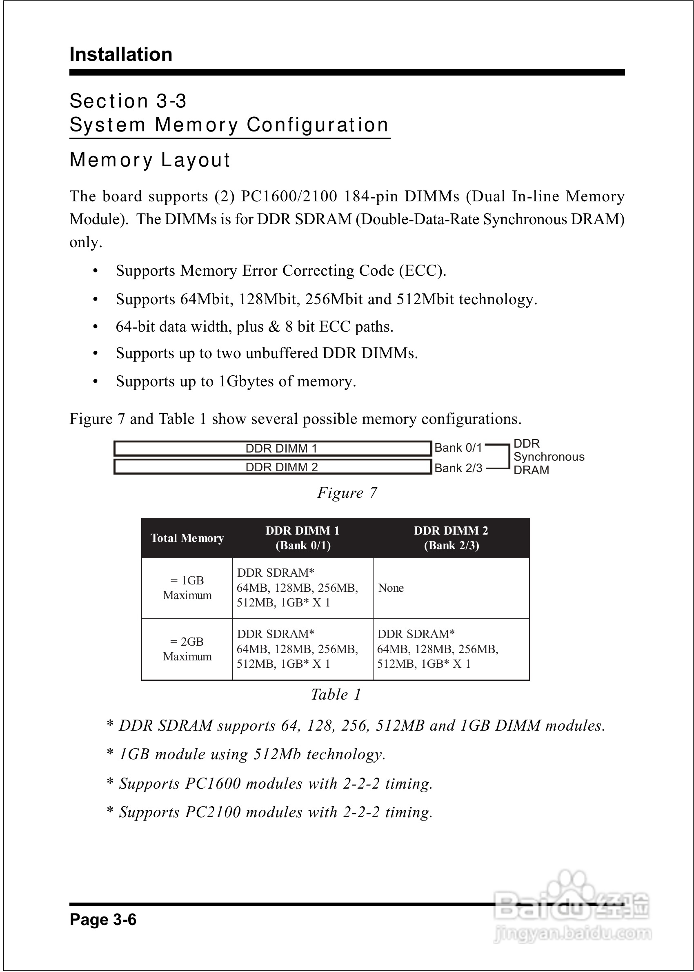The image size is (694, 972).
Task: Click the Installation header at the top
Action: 121,55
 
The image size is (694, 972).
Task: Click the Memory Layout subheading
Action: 149,160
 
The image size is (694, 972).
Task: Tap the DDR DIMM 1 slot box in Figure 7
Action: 273,448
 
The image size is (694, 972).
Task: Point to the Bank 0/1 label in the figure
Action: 458,448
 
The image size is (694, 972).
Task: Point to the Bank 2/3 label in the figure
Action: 458,468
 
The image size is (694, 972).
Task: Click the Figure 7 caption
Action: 347,493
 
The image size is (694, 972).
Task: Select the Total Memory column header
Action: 187,538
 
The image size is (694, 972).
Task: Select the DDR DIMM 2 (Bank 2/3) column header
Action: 451,538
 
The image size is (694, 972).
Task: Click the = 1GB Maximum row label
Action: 187,588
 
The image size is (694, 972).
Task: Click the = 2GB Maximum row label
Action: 187,649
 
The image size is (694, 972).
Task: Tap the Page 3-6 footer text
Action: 103,919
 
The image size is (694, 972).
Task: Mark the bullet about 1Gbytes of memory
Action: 236,381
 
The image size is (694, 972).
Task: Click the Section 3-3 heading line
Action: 128,101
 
